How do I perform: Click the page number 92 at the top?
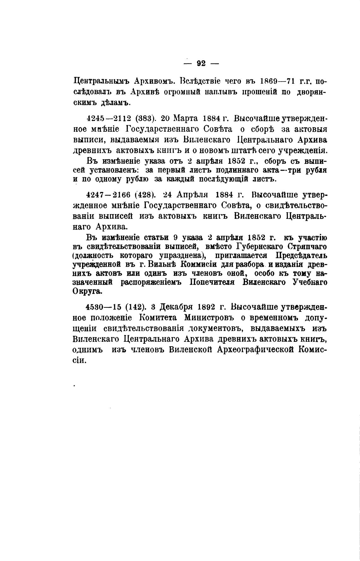coord(201,63)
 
